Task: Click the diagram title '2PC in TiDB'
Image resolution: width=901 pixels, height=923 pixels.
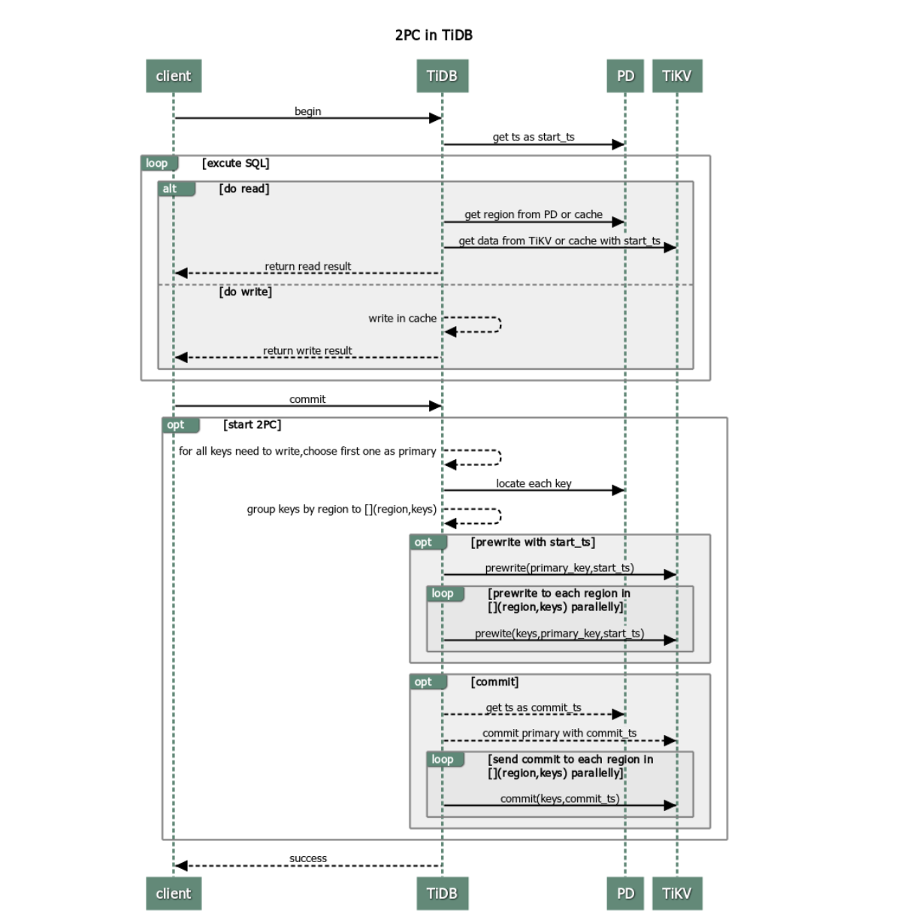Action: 434,35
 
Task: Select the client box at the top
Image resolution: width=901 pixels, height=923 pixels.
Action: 174,76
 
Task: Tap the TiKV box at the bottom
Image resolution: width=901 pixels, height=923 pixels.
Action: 676,893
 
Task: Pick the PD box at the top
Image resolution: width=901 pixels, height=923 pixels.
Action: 625,76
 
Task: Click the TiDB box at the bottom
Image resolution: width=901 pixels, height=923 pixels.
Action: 442,893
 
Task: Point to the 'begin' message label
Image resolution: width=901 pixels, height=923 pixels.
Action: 307,111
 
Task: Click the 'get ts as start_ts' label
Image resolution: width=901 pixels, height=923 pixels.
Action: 534,137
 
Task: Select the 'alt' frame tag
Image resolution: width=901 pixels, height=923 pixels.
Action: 171,189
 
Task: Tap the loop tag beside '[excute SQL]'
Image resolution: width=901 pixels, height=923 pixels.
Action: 157,163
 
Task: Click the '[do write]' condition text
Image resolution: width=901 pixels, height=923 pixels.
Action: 246,292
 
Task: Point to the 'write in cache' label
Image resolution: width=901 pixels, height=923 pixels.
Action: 402,319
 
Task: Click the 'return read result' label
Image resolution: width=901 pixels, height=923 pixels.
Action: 307,266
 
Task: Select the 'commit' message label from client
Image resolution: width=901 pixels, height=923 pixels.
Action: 307,399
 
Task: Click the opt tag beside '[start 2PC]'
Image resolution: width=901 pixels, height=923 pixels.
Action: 176,425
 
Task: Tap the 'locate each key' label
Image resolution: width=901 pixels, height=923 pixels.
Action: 534,483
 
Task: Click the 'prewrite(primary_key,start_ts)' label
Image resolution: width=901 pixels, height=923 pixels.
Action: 559,567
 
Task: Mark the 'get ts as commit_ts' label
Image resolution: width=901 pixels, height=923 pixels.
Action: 534,707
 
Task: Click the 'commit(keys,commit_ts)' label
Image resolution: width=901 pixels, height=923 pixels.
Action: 560,798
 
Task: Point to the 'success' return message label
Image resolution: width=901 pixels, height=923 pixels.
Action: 308,858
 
